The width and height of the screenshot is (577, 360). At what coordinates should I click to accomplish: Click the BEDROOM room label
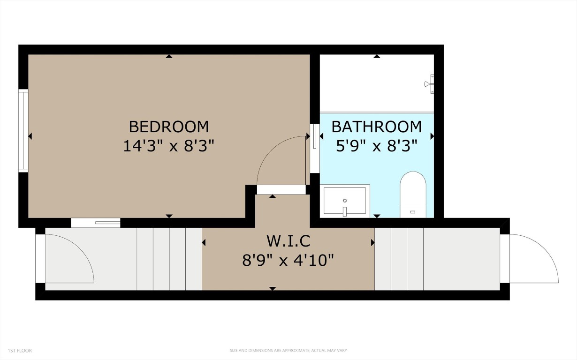[169, 127]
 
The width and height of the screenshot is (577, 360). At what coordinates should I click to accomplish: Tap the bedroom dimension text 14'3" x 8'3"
[169, 146]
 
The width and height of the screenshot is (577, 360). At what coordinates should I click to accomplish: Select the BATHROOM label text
[377, 127]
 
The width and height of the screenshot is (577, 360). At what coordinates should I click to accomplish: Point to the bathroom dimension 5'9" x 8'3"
[377, 146]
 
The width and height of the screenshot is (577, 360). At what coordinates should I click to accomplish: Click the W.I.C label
[288, 241]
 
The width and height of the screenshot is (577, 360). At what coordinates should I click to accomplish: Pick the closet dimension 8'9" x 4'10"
[288, 260]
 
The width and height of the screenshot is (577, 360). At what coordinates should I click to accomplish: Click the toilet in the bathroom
[413, 195]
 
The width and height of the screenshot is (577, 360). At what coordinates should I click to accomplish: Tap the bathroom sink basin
[345, 200]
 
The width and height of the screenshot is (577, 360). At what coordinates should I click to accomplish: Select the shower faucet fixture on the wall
[429, 84]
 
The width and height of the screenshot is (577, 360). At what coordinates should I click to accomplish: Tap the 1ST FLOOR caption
[20, 350]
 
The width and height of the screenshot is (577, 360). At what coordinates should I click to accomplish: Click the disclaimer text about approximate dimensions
[288, 350]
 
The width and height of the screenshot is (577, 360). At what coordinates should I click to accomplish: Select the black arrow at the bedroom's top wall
[169, 57]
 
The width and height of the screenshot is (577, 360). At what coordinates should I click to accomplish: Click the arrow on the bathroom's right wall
[432, 136]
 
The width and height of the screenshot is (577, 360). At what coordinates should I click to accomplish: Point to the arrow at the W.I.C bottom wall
[273, 288]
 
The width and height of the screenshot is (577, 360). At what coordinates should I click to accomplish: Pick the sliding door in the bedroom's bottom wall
[96, 223]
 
